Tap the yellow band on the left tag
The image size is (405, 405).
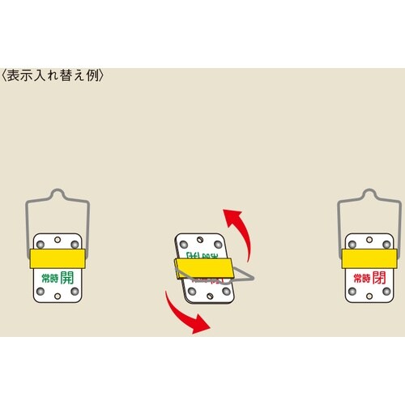(x=56, y=258)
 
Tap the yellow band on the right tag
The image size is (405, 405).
(x=369, y=258)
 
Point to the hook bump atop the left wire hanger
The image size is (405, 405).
(x=56, y=194)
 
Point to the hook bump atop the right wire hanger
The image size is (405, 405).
(x=369, y=194)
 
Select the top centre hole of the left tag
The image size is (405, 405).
(x=56, y=240)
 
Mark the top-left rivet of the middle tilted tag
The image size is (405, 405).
(x=183, y=243)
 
